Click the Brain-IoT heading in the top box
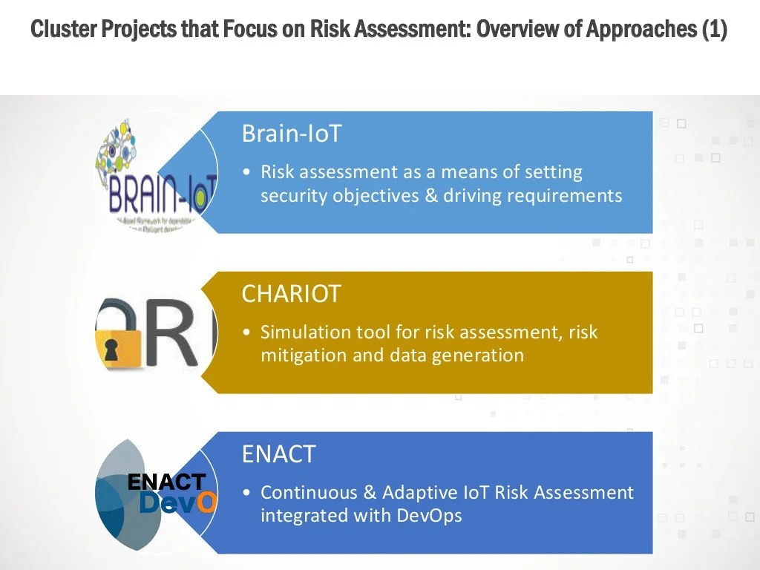coord(292,134)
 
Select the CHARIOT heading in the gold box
coord(291,294)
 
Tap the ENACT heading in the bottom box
coord(278,453)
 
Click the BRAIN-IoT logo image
coord(158,178)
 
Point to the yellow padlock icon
coord(118,338)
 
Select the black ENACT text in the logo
coord(166,482)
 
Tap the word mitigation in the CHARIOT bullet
coord(303,356)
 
